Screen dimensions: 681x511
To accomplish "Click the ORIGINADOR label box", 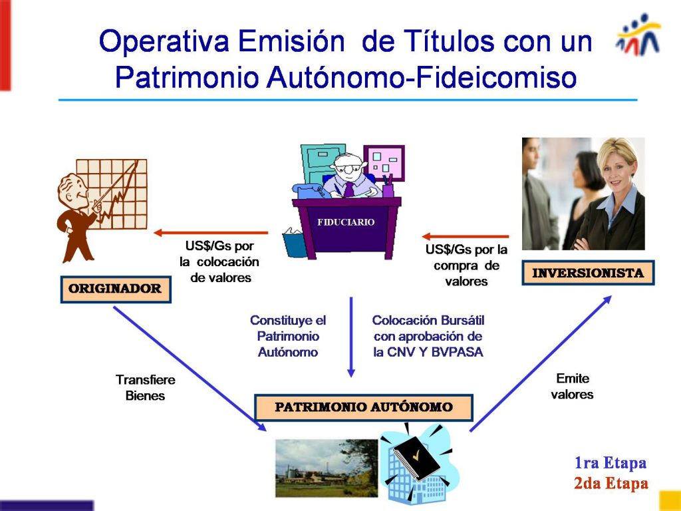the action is coord(116,289).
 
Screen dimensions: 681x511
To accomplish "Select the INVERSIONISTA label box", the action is coord(588,273).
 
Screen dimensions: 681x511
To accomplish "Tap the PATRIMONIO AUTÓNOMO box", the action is coord(364,408).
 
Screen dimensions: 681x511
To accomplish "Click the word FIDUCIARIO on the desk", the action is coord(346,222).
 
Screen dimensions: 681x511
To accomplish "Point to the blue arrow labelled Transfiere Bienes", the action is coord(190,369).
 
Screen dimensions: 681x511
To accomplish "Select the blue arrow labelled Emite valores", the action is coord(541,363).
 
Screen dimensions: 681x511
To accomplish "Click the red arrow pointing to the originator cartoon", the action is coord(211,233).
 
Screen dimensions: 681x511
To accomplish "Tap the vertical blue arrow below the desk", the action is coord(351,337).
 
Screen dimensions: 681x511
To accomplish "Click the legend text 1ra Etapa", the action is coord(611,463).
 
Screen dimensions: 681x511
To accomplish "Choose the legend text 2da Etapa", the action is coord(611,483).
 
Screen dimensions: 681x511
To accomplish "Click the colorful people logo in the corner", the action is coord(638,34).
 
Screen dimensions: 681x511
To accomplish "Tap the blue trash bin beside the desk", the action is coord(295,244).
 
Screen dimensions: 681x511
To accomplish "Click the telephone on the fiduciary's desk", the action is coord(309,190).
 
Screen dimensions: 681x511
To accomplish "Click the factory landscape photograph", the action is coord(327,468).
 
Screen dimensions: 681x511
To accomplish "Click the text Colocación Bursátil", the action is coord(428,320).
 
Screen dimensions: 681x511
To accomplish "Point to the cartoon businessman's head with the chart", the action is coord(73,190).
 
